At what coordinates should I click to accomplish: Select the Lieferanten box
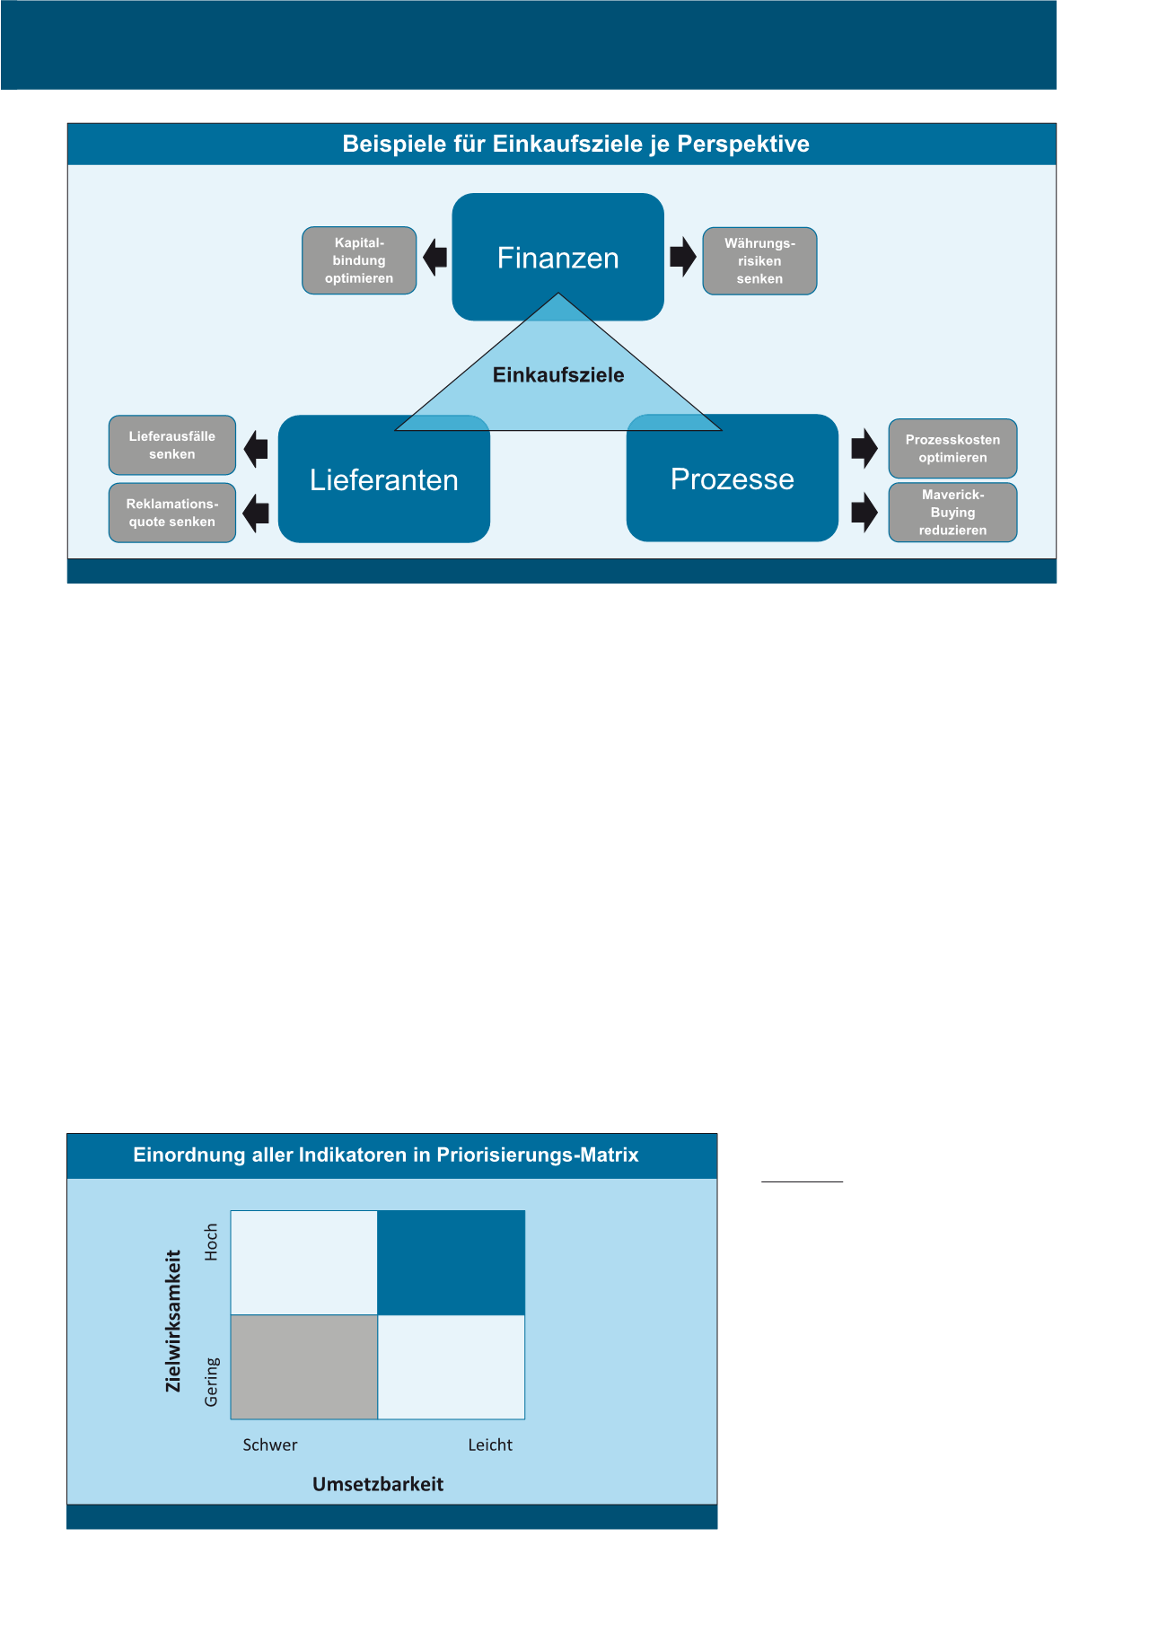coord(383,480)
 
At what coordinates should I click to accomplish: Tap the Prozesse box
coord(732,479)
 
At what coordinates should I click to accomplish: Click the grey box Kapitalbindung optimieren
coord(359,260)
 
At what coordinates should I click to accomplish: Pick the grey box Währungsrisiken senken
coord(759,261)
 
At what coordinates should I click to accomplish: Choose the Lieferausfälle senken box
coord(172,445)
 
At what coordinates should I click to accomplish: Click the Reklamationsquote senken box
coord(172,513)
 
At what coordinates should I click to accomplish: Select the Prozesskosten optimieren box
coord(952,449)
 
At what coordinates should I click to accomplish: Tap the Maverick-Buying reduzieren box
coord(952,513)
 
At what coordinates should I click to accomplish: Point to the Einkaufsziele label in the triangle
coord(558,375)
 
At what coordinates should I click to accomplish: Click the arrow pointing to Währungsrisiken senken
coord(683,256)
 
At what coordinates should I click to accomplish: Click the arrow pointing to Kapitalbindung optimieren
coord(435,257)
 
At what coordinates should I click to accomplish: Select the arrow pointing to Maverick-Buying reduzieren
coord(864,513)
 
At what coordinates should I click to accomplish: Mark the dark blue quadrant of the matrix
coord(451,1262)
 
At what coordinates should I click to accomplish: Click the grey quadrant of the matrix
coord(304,1366)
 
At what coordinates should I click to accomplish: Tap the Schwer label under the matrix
coord(270,1445)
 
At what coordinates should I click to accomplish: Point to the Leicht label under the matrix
coord(490,1445)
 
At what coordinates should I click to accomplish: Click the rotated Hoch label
coord(212,1242)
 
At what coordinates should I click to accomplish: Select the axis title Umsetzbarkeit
coord(378,1485)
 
